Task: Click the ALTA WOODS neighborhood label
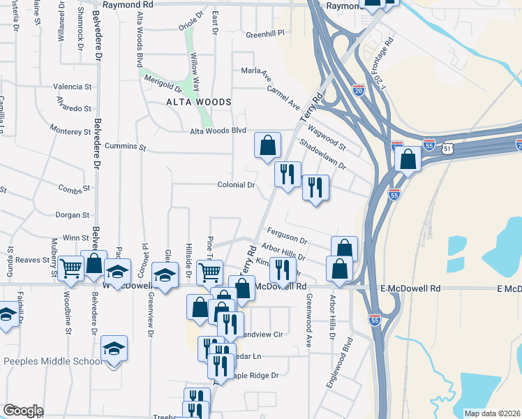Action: tap(198, 102)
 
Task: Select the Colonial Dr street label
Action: tap(237, 185)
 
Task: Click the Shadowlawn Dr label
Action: tap(322, 154)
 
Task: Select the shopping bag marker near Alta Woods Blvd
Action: tap(267, 145)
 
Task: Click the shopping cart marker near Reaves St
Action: tap(71, 267)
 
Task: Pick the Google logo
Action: tap(23, 411)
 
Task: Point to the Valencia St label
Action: tap(73, 87)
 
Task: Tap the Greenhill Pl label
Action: tap(265, 33)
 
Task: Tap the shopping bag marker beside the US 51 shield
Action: tap(408, 158)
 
